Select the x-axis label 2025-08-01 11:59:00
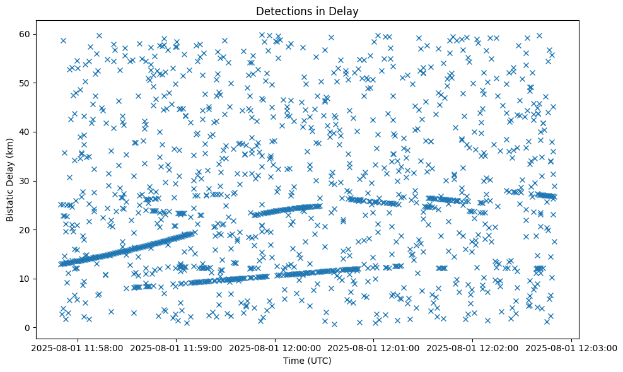click(x=177, y=348)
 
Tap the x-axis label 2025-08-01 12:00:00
click(x=276, y=348)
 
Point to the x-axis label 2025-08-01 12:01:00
click(x=374, y=348)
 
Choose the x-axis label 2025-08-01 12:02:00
click(x=473, y=348)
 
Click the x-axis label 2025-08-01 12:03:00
click(x=572, y=348)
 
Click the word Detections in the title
click(x=279, y=11)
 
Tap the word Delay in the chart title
click(x=343, y=11)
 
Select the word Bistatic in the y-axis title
click(x=11, y=204)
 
